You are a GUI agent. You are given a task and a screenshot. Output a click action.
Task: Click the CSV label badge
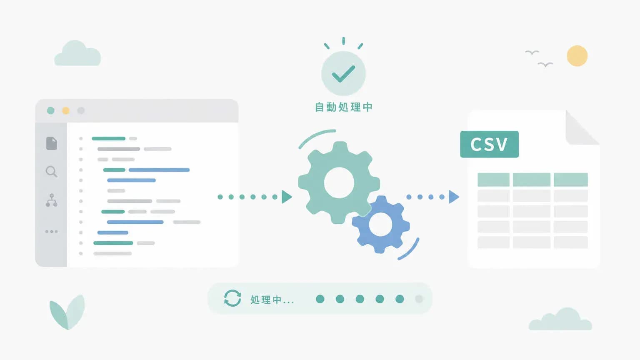click(490, 144)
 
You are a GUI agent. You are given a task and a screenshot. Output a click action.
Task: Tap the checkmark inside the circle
click(343, 74)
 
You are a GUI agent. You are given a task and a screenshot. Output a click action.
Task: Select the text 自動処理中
click(343, 107)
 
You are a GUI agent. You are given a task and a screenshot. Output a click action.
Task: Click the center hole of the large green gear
click(339, 182)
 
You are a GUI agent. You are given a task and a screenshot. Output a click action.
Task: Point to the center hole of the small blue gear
click(380, 225)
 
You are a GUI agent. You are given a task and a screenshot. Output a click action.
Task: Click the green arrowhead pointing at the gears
click(287, 197)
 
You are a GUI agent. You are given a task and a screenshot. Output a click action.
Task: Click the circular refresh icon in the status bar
click(232, 298)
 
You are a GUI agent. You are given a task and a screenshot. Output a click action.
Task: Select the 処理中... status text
click(272, 300)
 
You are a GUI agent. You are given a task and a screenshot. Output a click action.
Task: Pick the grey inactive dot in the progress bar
click(419, 299)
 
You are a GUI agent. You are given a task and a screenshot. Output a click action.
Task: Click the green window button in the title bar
click(50, 110)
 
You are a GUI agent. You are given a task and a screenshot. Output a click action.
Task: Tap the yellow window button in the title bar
click(66, 110)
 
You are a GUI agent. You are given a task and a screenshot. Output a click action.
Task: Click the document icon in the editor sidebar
click(52, 143)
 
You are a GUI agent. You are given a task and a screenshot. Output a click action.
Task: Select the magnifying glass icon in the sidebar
click(51, 172)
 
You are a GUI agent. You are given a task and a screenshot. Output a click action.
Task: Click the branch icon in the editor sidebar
click(52, 200)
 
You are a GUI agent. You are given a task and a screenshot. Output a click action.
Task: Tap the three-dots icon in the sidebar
click(51, 231)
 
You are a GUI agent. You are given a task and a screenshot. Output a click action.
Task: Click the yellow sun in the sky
click(577, 56)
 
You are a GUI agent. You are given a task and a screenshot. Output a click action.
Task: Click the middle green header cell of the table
click(531, 180)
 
